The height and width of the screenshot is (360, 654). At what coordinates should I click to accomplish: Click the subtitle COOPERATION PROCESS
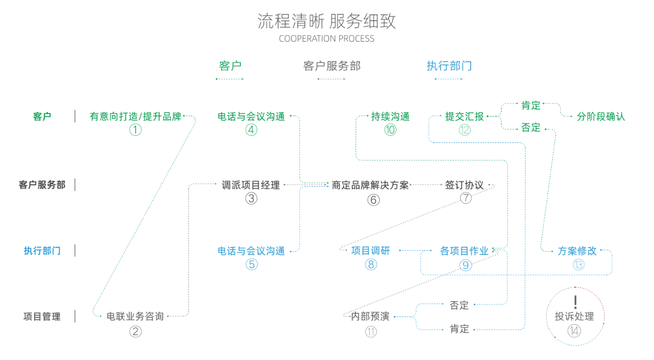(326, 39)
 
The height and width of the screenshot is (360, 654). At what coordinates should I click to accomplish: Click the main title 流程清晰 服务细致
(327, 21)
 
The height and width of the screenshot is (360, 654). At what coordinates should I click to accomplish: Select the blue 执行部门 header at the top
(449, 66)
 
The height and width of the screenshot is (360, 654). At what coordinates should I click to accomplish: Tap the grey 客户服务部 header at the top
(332, 66)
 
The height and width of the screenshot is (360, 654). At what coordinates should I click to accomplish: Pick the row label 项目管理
(42, 316)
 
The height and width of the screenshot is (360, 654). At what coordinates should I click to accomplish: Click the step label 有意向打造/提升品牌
(135, 117)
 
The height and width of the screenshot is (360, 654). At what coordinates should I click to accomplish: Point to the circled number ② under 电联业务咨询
(135, 331)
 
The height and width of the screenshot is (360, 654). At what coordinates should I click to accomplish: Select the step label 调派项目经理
(251, 185)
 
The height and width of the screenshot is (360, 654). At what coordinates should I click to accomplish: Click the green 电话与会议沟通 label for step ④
(251, 117)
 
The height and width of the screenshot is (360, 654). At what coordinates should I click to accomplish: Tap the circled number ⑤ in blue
(251, 264)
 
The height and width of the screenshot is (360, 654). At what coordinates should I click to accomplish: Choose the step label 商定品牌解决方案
(370, 185)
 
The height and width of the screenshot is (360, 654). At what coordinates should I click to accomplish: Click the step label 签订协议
(464, 185)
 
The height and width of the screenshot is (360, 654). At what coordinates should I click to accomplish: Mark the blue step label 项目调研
(370, 251)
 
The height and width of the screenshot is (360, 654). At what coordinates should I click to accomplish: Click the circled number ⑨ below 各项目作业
(465, 265)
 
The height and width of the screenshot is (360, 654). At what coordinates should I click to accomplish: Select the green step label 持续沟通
(390, 117)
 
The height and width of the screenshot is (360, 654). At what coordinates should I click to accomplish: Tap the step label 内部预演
(370, 316)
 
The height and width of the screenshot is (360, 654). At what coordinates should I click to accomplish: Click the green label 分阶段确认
(601, 117)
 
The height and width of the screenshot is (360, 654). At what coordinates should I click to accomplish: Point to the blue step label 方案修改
(577, 251)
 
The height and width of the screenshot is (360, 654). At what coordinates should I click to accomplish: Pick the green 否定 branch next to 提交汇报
(531, 128)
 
